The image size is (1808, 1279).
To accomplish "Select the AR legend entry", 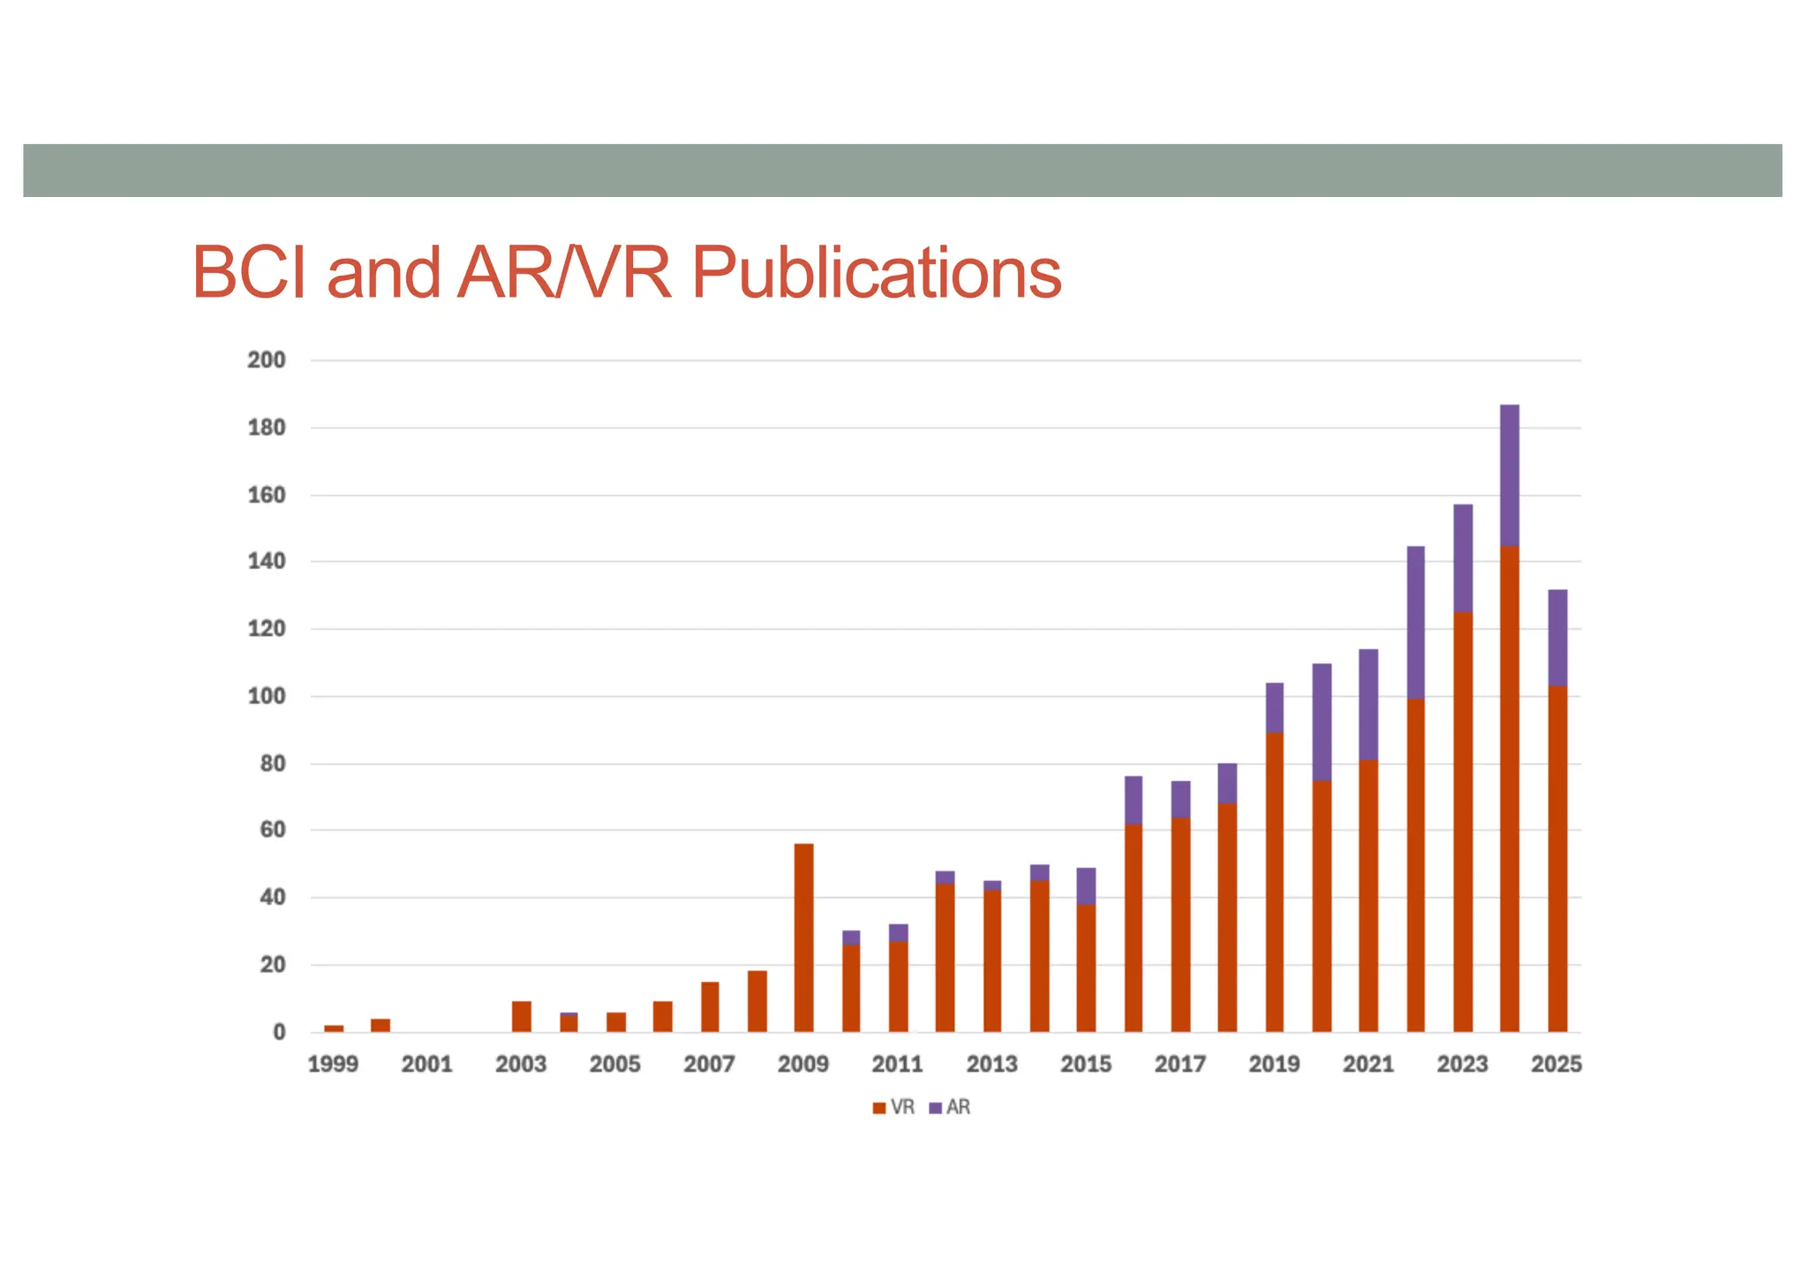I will pos(951,1108).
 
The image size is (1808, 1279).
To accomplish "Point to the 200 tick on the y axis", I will pos(266,360).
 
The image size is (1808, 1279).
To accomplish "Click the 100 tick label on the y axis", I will pos(266,696).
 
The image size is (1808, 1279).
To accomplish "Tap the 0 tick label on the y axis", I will pos(279,1032).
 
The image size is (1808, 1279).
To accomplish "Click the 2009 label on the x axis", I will pos(802,1064).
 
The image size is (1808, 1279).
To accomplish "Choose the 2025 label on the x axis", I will pos(1556,1064).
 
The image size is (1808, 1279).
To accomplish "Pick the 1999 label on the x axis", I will pos(333,1064).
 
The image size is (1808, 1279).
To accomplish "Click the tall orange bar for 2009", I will pos(803,936).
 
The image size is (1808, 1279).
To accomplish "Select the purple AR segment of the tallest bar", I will pos(1510,475).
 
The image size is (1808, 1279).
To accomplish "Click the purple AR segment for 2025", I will pos(1557,638).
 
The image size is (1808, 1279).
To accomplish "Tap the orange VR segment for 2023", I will pos(1463,821).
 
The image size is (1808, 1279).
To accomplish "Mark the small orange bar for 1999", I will pos(334,1028).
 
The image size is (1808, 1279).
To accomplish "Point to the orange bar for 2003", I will pos(522,1017).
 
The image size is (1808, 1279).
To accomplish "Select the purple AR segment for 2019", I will pos(1275,708).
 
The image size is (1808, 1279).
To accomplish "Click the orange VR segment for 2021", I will pos(1368,896).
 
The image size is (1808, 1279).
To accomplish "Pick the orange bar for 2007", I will pos(710,1007).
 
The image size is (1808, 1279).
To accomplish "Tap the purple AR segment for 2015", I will pos(1086,886).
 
